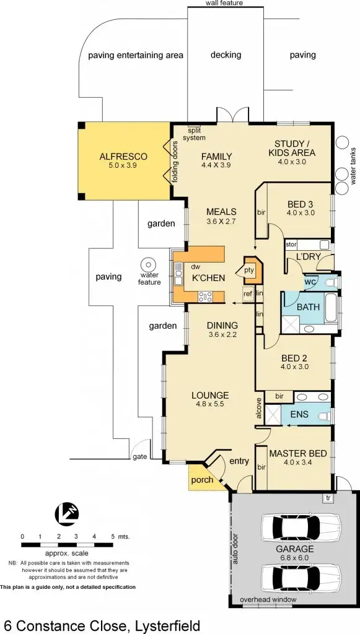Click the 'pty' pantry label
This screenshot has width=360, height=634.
click(250, 270)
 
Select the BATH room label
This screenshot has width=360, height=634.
click(308, 306)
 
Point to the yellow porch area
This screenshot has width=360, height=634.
click(203, 479)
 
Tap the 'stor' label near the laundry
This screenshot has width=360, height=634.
click(291, 245)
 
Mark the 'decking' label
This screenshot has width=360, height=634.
click(226, 54)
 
